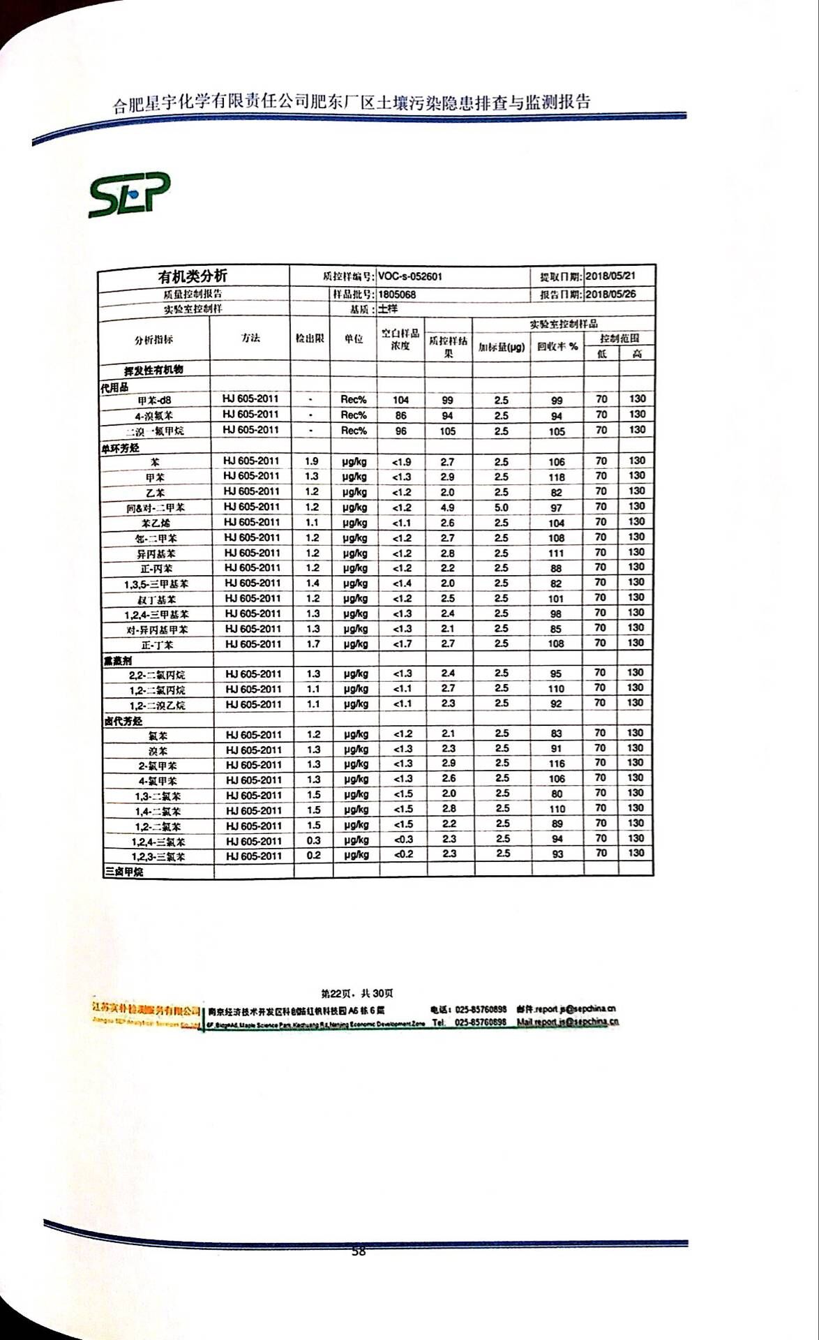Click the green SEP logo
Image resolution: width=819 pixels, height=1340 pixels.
click(x=129, y=194)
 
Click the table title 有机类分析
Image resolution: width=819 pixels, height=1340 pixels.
click(x=193, y=276)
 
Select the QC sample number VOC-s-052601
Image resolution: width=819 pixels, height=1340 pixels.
click(x=410, y=276)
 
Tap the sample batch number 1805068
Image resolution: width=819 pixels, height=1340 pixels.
click(x=397, y=295)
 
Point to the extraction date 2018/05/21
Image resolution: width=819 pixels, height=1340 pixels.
click(x=610, y=276)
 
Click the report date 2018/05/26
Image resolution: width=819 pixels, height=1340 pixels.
click(x=610, y=294)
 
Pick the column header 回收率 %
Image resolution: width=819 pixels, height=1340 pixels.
click(x=557, y=346)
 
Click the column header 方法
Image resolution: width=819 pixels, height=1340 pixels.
click(x=250, y=338)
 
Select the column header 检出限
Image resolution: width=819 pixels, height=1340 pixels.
click(x=310, y=338)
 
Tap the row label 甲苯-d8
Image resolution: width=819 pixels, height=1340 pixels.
click(x=154, y=401)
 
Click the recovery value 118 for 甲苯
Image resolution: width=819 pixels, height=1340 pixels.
click(x=556, y=477)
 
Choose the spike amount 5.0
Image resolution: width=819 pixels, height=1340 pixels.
click(x=501, y=508)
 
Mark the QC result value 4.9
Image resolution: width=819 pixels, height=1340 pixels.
click(x=448, y=508)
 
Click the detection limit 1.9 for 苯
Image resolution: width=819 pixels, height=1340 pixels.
click(x=311, y=461)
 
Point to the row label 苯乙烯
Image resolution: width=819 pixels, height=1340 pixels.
click(x=155, y=523)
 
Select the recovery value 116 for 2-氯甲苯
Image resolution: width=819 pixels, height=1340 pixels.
click(x=556, y=764)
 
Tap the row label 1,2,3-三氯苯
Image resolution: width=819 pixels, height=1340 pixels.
click(x=158, y=857)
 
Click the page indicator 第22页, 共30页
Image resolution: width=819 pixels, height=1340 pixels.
click(x=356, y=993)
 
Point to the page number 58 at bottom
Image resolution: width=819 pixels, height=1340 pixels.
click(x=358, y=1251)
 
